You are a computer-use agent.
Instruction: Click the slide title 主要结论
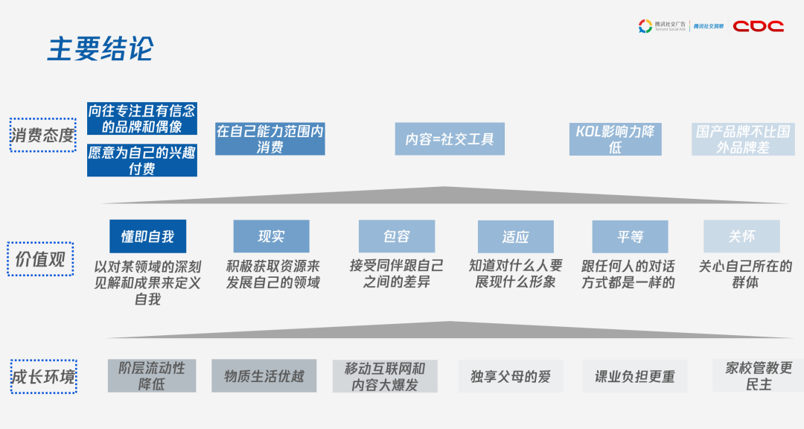pos(100,48)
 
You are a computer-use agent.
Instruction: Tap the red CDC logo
pos(758,26)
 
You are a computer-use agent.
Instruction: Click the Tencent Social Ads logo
pos(663,27)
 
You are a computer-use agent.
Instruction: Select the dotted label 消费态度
pos(42,135)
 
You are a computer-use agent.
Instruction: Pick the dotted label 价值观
pos(41,258)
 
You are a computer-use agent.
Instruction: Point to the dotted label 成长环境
pos(43,377)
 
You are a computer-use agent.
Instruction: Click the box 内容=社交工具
pos(450,139)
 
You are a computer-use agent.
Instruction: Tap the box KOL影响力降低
pos(615,139)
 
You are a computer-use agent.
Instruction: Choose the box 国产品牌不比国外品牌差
pos(743,139)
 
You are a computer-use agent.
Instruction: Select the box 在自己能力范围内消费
pos(269,139)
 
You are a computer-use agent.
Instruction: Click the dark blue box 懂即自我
pos(147,236)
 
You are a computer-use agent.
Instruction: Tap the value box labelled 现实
pos(271,236)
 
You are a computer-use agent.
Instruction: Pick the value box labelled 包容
pos(396,236)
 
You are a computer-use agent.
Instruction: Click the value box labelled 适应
pos(515,237)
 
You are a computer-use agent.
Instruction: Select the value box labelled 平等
pos(630,237)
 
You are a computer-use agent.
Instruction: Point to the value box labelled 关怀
pos(741,236)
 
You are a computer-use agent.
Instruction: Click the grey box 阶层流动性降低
pos(152,376)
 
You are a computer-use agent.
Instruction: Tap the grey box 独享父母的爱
pos(511,376)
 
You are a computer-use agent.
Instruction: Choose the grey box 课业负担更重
pos(635,377)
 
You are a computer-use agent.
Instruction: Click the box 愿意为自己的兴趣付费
pos(142,160)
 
